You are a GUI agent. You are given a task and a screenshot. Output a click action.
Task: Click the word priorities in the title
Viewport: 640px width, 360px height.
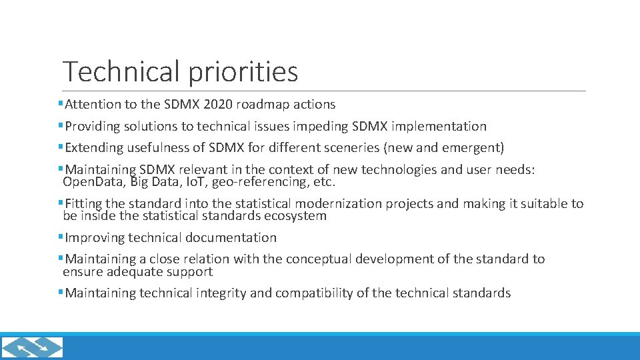coord(243,72)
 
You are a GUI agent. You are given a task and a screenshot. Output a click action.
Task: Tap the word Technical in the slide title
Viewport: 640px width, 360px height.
coord(121,71)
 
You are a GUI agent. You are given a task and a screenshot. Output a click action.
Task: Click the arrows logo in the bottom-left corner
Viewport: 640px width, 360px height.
coord(32,347)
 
